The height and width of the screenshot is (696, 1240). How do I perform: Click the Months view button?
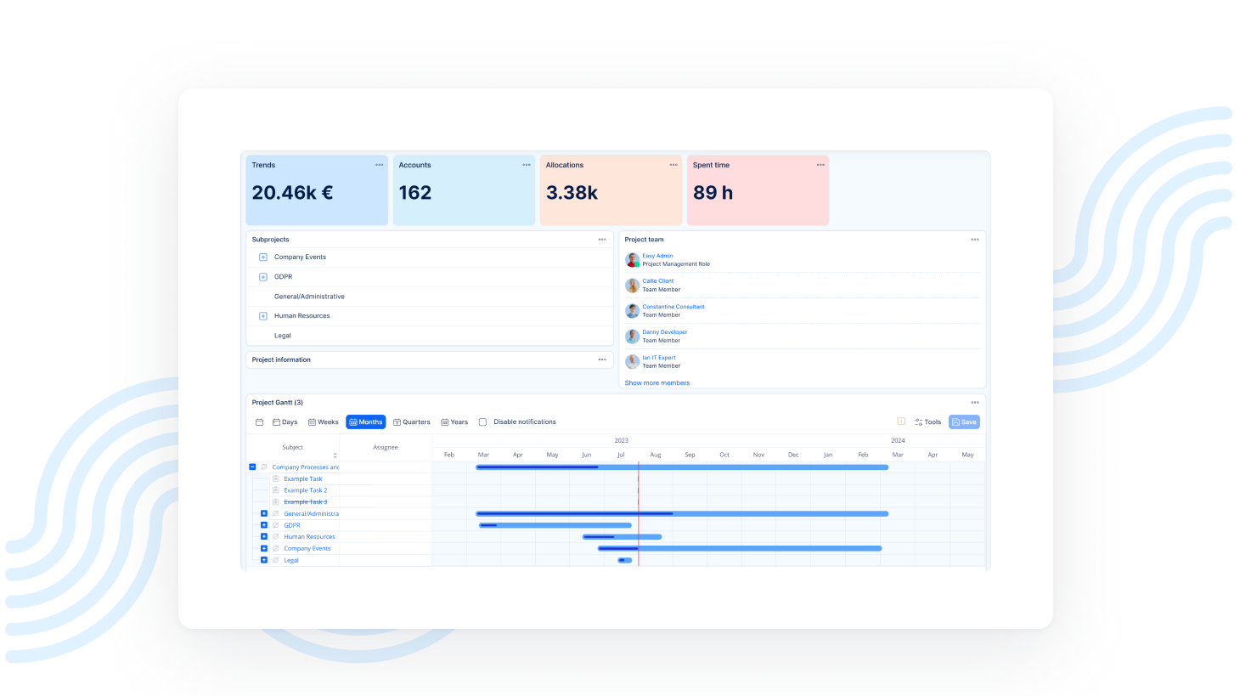(365, 422)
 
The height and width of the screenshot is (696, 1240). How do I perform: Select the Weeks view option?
(323, 422)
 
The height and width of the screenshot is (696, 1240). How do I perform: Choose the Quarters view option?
(412, 422)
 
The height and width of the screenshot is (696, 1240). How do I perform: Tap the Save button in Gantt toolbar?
(964, 422)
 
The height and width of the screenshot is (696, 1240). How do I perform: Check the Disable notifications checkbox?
(482, 422)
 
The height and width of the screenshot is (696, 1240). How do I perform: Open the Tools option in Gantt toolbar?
(927, 422)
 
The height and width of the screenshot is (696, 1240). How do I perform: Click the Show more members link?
(657, 383)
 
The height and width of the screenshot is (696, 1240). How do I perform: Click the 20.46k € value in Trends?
(292, 193)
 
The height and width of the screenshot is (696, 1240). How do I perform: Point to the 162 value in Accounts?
(415, 193)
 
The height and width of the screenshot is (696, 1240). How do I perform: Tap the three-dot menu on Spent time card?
(820, 165)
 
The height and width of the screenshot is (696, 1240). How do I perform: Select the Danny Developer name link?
(664, 332)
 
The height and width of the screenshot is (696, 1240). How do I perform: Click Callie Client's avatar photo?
(632, 286)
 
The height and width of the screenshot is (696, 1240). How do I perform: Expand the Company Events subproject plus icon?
(263, 257)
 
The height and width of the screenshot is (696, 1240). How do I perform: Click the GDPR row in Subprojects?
(283, 277)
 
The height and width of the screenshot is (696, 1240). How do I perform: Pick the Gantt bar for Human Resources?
(622, 537)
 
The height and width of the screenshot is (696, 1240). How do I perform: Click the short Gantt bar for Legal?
(625, 560)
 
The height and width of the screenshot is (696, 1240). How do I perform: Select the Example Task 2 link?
(305, 490)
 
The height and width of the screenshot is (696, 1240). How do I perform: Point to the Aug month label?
(656, 455)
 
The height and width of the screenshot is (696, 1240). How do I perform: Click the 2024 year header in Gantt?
(898, 440)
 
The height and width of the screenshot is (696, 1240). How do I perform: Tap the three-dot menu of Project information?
(602, 359)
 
